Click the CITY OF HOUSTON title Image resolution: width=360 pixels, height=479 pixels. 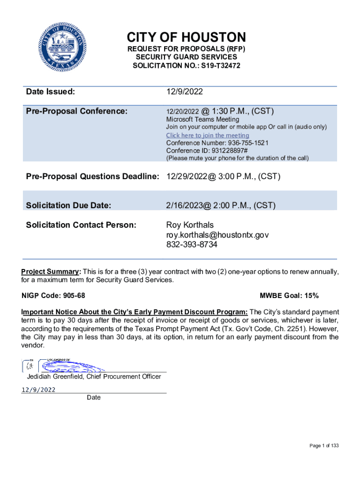186,37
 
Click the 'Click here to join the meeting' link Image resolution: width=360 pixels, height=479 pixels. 208,135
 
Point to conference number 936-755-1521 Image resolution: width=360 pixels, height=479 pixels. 242,143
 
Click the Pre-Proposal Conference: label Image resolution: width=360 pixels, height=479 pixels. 76,111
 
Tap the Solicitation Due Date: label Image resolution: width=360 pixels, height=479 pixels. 68,205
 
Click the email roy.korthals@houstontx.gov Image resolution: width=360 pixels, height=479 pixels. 217,235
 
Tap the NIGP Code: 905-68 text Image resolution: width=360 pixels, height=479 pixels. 53,296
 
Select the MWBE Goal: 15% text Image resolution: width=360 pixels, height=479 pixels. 289,296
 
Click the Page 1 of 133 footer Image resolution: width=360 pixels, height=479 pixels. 324,446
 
